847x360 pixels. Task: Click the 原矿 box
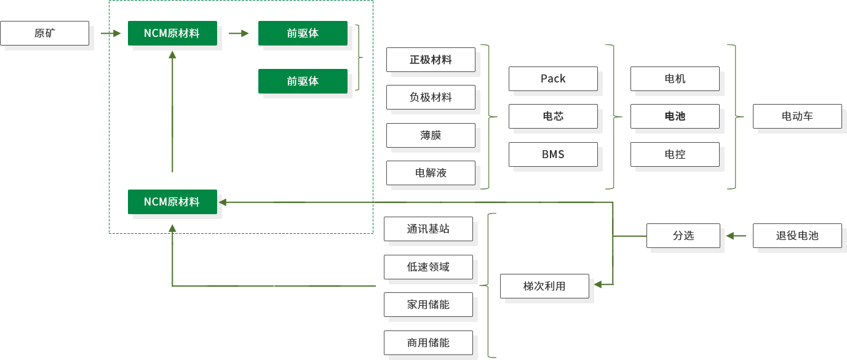point(44,33)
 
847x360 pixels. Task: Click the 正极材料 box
point(431,60)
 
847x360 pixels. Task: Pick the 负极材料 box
point(431,97)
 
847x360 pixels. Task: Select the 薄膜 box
point(431,135)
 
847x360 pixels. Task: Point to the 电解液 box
point(431,173)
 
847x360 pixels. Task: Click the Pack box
point(553,79)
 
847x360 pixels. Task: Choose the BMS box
point(553,154)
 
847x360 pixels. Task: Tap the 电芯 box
point(553,116)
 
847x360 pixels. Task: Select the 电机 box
point(675,79)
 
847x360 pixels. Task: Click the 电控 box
point(675,154)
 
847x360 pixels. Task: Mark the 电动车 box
point(797,116)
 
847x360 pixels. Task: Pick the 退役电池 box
point(797,236)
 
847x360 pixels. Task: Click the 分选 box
point(683,236)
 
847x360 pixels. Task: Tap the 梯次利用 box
point(544,286)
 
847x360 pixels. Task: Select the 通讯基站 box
point(428,229)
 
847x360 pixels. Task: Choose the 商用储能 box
point(428,343)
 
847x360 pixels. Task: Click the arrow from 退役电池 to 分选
point(736,236)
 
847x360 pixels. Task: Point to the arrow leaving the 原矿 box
point(111,33)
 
